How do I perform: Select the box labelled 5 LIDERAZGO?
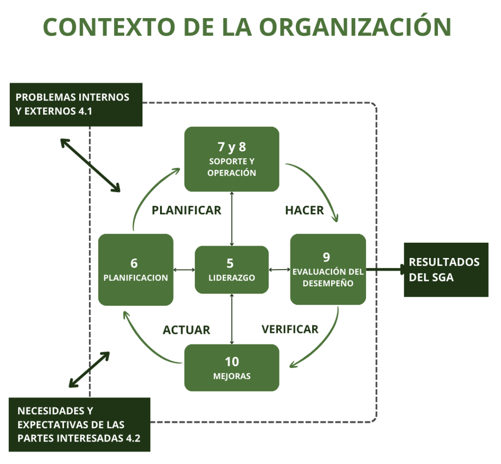click(231, 270)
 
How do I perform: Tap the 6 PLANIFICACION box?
click(136, 270)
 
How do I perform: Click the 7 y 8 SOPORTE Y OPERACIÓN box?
click(231, 159)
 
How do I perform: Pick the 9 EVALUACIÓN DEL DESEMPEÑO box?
click(328, 270)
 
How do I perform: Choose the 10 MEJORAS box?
click(231, 368)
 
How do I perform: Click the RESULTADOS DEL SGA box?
click(446, 270)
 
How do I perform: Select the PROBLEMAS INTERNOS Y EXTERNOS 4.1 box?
click(76, 104)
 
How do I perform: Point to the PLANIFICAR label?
click(186, 210)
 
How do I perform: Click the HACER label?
click(304, 210)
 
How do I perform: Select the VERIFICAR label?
click(290, 329)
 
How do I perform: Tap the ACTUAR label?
click(186, 330)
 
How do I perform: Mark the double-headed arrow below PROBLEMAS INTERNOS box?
click(90, 165)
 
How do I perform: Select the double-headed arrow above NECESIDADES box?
click(89, 369)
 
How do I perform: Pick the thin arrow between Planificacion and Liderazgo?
click(184, 270)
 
